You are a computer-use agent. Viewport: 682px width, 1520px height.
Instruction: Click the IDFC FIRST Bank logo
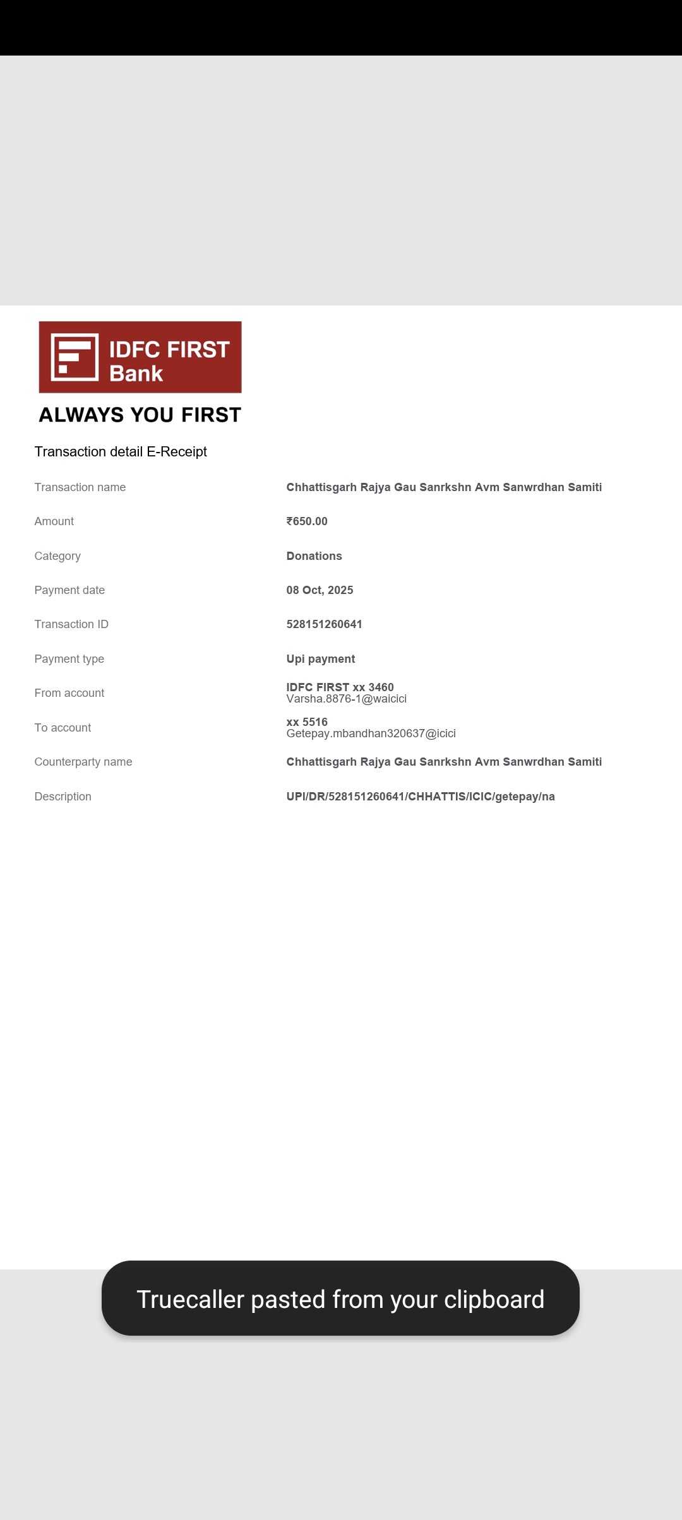[x=140, y=357]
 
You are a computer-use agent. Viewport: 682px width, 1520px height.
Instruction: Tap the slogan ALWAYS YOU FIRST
[x=140, y=415]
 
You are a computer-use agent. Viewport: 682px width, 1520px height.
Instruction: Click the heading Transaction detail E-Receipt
[x=121, y=452]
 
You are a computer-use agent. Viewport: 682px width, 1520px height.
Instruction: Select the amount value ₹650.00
[x=307, y=521]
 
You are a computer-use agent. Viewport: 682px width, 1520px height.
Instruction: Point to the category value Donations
[x=314, y=556]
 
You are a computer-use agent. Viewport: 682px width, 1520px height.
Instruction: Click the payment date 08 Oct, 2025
[x=320, y=590]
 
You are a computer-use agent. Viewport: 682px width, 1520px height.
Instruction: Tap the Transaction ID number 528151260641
[x=324, y=624]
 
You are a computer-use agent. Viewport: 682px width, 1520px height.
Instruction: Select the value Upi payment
[x=320, y=659]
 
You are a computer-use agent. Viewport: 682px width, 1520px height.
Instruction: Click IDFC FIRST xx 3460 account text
[x=340, y=687]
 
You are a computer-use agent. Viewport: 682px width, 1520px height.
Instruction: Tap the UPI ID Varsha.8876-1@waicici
[x=346, y=699]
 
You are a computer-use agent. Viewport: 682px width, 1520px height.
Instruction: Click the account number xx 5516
[x=307, y=721]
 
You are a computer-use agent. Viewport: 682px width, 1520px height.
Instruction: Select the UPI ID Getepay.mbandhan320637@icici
[x=371, y=733]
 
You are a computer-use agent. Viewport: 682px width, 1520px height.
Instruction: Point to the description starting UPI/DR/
[x=420, y=797]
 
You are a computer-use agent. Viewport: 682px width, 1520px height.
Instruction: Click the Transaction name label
[x=80, y=487]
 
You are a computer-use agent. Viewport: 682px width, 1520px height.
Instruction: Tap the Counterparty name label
[x=83, y=762]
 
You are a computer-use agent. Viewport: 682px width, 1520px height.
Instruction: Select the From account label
[x=69, y=693]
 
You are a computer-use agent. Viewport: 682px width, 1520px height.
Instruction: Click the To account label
[x=63, y=728]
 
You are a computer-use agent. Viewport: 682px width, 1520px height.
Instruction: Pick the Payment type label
[x=69, y=659]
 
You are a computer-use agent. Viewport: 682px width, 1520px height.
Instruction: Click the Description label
[x=63, y=797]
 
